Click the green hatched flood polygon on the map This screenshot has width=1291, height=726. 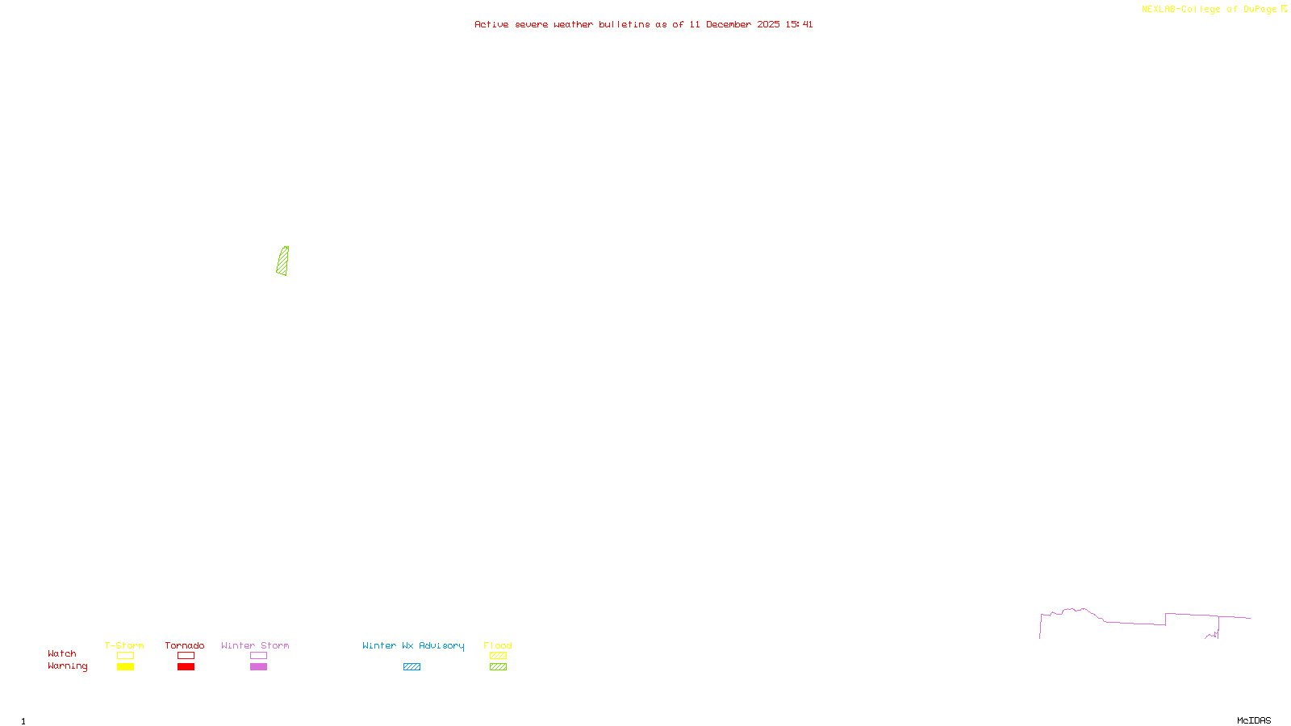point(282,261)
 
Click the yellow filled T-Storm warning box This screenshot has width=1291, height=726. point(125,667)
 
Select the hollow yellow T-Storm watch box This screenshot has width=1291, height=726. point(125,656)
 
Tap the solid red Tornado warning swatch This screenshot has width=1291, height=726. point(186,667)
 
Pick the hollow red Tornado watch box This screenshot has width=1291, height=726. point(186,656)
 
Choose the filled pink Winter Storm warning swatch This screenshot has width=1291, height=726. point(258,667)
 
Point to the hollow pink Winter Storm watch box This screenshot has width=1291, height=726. point(258,656)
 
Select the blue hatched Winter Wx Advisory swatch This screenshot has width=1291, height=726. point(412,667)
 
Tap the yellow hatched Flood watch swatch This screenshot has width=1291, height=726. point(498,656)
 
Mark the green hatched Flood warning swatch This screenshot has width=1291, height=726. point(498,667)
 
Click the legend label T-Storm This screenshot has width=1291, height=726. point(124,645)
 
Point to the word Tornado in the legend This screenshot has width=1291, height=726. point(185,645)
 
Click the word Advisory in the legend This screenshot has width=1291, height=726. point(441,645)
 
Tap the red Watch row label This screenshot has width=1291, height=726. point(62,654)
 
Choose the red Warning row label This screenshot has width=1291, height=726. point(67,666)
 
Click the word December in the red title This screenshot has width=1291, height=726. point(729,25)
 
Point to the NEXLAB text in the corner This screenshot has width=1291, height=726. point(1159,10)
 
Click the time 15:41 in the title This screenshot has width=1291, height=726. point(799,25)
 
